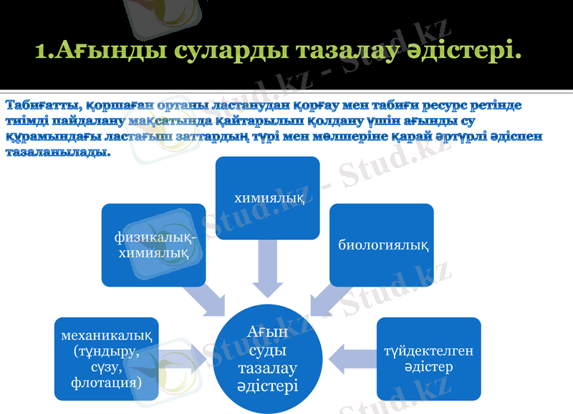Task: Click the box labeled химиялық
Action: coord(268,197)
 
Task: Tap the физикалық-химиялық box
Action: coord(153,245)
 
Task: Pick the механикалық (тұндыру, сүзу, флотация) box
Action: coord(107,359)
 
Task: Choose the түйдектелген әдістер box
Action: coord(428,358)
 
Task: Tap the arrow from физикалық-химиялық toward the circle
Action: coord(206,299)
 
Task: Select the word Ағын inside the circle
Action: coord(268,332)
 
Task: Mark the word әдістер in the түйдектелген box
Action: coord(428,367)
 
